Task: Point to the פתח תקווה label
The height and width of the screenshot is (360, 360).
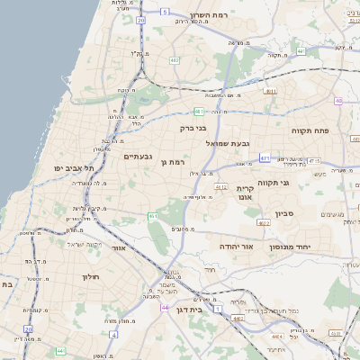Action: [310, 130]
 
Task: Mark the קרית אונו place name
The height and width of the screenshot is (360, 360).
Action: [247, 194]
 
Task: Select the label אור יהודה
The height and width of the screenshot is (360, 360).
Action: [238, 246]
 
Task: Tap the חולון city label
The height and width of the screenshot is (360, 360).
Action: [94, 276]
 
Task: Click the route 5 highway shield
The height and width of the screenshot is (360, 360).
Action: [166, 12]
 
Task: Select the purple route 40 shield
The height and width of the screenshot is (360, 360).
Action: [337, 101]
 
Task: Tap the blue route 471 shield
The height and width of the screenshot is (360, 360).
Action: [265, 158]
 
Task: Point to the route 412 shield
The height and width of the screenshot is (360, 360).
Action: [220, 187]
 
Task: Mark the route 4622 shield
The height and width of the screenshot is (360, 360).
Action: [263, 222]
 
